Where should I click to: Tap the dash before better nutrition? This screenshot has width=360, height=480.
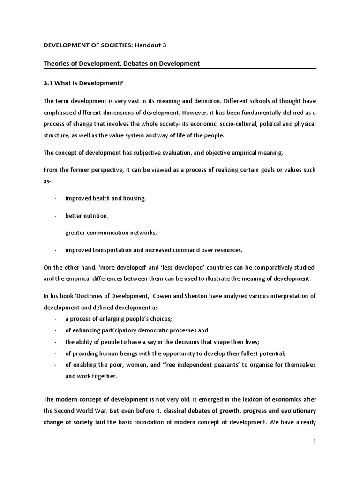click(x=55, y=216)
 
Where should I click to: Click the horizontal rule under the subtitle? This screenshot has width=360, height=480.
click(x=180, y=68)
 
